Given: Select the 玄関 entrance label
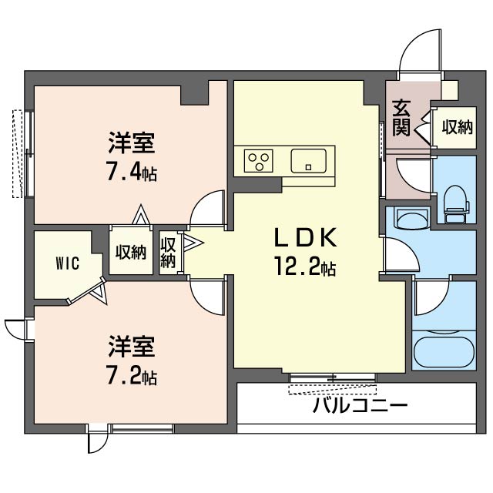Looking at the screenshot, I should (x=401, y=118).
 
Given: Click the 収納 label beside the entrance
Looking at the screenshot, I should (x=456, y=127).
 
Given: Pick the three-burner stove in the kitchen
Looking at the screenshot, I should (x=260, y=161).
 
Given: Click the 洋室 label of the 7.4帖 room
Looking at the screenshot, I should (x=132, y=143).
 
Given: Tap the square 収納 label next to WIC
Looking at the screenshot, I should (x=131, y=252).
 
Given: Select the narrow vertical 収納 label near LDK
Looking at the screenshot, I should (x=169, y=253).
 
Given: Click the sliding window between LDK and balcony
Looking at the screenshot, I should (x=333, y=377).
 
